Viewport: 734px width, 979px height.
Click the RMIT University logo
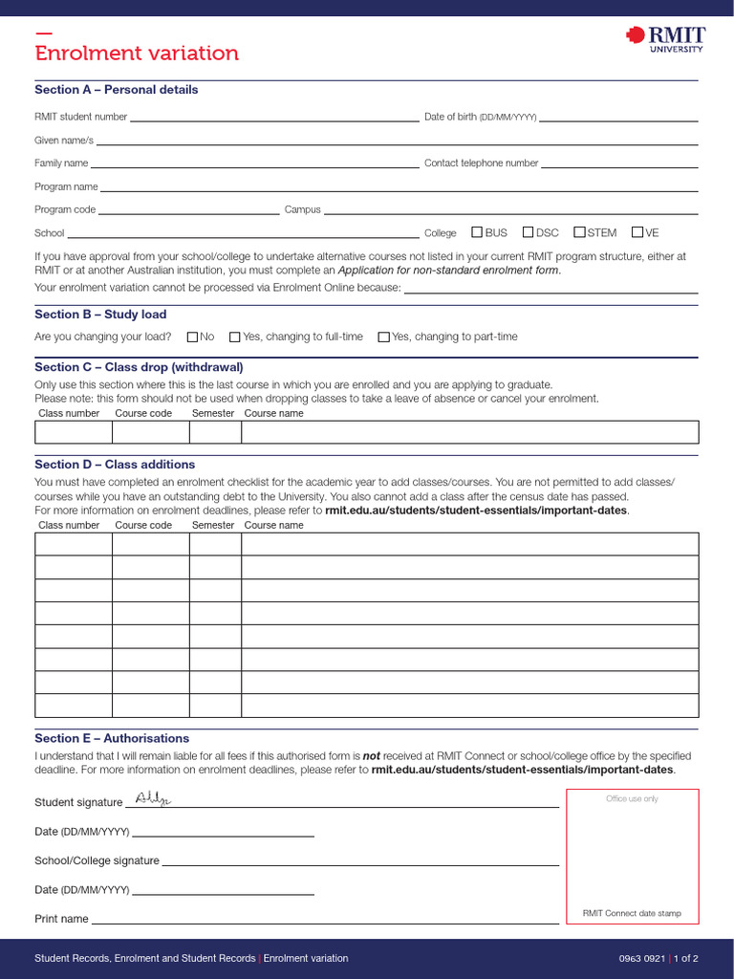(665, 38)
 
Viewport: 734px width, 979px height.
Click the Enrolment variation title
(137, 54)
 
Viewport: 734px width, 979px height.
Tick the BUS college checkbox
(477, 232)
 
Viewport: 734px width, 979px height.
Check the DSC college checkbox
(528, 232)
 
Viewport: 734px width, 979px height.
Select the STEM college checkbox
(579, 232)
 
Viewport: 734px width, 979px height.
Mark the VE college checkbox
(637, 232)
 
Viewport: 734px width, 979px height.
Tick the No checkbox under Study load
(192, 337)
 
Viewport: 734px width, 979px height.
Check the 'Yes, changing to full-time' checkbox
(235, 337)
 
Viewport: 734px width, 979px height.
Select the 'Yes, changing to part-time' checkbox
(384, 337)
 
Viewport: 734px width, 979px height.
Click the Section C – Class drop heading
(139, 367)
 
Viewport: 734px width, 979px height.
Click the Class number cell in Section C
(74, 432)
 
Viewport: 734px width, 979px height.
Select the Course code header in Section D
(143, 525)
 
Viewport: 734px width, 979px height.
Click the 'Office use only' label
(632, 799)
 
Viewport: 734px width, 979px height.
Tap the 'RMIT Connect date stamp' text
(632, 913)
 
